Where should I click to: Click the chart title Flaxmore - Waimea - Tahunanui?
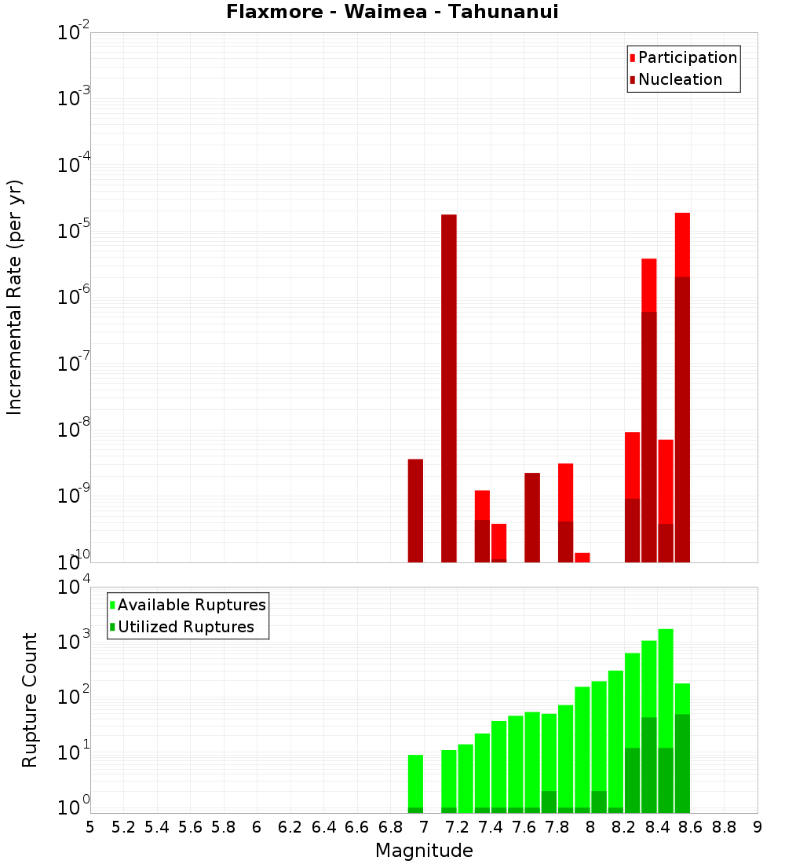(392, 12)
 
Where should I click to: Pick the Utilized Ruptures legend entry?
(185, 627)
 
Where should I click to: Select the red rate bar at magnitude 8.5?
(682, 243)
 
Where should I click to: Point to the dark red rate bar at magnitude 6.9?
(415, 511)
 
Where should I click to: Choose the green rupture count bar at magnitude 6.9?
(415, 778)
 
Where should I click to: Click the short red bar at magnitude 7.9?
(582, 557)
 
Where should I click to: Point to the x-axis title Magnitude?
(424, 851)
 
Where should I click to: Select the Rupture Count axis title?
(30, 699)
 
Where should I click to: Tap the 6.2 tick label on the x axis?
(290, 826)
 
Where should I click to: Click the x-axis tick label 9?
(757, 826)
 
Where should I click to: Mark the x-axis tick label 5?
(90, 826)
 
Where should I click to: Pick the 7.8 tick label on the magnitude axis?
(557, 826)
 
